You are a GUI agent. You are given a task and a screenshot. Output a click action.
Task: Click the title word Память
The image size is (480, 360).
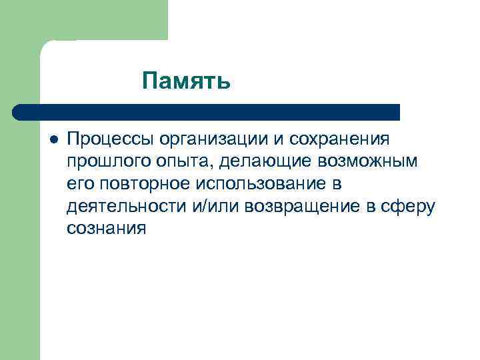187,81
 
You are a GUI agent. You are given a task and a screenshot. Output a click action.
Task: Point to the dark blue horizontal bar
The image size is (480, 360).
207,112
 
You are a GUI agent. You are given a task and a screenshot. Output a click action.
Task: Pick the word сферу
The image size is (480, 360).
412,206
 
